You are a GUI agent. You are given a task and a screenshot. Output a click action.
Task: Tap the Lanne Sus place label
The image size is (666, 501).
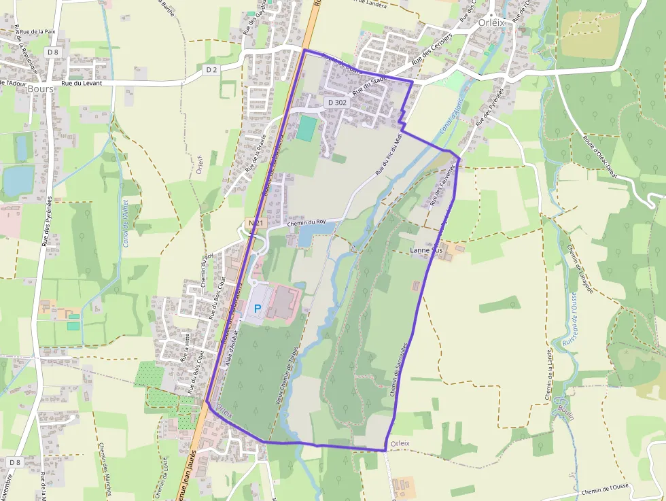(427, 251)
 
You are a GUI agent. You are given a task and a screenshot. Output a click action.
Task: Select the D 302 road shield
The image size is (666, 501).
(337, 102)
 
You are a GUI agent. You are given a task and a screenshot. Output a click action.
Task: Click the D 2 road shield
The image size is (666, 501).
(211, 69)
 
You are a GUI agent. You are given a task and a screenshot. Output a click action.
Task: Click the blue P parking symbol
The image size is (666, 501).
(258, 308)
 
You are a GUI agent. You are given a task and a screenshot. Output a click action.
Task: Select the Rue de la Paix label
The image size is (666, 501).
(37, 31)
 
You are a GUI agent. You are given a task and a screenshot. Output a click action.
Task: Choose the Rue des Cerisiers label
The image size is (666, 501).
(432, 49)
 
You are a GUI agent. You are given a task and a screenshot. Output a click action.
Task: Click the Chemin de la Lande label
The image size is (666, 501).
(548, 375)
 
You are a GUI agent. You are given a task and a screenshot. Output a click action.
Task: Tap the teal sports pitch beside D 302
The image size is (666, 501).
(306, 128)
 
